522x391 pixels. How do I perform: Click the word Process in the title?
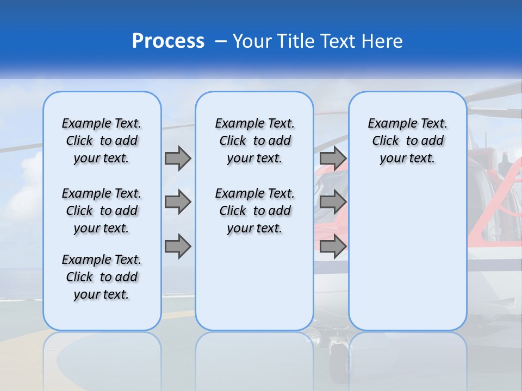tap(168, 41)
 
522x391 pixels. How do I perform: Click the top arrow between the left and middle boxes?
tap(178, 158)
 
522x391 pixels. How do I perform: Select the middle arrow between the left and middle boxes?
tap(178, 202)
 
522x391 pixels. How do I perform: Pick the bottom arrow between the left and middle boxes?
tap(178, 247)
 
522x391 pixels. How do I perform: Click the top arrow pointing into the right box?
tap(333, 158)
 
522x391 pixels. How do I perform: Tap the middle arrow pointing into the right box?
tap(333, 202)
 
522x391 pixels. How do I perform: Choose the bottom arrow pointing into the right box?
tap(333, 247)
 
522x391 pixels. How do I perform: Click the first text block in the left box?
tap(102, 141)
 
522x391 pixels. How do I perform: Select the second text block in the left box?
tap(102, 211)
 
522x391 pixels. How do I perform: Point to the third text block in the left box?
tap(102, 277)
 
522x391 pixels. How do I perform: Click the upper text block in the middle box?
tap(254, 141)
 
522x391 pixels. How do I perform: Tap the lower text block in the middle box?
tap(254, 211)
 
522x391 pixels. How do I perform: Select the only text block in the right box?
tap(407, 141)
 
